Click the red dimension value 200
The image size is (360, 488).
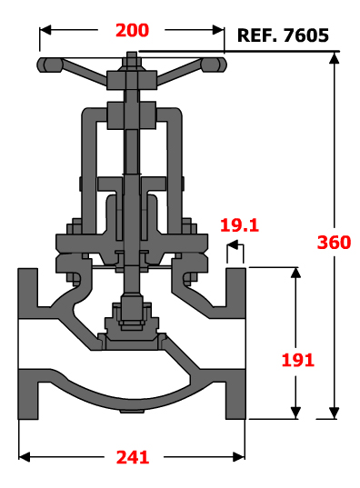[x=132, y=31]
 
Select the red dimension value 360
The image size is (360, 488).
[x=334, y=242]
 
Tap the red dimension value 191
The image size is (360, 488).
[x=297, y=360]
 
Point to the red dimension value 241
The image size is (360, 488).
[x=133, y=457]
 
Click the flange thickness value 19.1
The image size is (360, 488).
[x=239, y=225]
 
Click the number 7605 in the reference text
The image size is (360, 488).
[x=306, y=35]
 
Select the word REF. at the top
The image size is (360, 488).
[x=257, y=35]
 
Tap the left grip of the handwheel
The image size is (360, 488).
[x=50, y=65]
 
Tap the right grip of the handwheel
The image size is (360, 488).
[x=214, y=65]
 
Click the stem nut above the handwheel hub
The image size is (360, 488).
[x=132, y=60]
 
